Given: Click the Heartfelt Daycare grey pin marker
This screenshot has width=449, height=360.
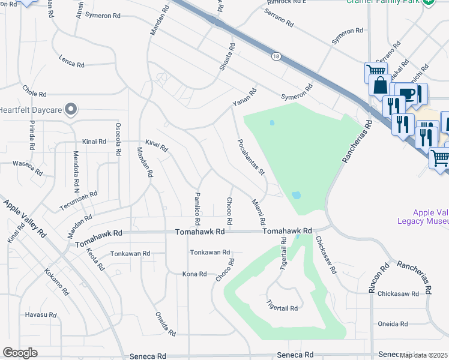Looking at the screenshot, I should [x=71, y=109].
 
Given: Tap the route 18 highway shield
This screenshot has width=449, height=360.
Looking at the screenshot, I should [x=276, y=56].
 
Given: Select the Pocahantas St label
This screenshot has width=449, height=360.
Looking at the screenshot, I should [x=251, y=157].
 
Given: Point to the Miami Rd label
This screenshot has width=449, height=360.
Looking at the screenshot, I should [x=259, y=212].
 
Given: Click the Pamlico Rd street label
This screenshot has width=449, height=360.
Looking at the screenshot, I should [x=197, y=206].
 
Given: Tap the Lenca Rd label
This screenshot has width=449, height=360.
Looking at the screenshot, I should [x=71, y=62].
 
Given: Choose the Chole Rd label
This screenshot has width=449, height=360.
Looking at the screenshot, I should [x=34, y=94].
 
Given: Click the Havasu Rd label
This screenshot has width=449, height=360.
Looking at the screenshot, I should [x=40, y=314].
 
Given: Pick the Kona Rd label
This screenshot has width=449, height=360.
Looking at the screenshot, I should [x=194, y=274].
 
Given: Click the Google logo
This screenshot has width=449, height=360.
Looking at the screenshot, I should [x=20, y=353].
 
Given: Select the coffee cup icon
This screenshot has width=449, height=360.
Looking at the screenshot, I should [x=406, y=94].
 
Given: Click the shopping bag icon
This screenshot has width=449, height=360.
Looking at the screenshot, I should [x=381, y=85].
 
